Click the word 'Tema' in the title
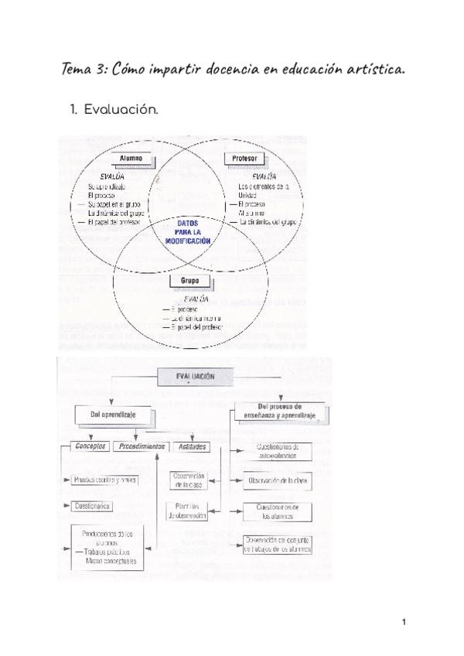pyautogui.click(x=77, y=70)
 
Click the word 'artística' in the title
pyautogui.click(x=374, y=70)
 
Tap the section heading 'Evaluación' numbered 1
pyautogui.click(x=121, y=110)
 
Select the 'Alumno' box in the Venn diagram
pyautogui.click(x=130, y=159)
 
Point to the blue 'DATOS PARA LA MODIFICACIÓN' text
pyautogui.click(x=189, y=231)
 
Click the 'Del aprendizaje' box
pyautogui.click(x=107, y=415)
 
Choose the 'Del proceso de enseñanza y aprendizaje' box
pyautogui.click(x=280, y=412)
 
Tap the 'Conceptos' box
pyautogui.click(x=90, y=447)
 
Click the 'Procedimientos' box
pyautogui.click(x=141, y=447)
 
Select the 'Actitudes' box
pyautogui.click(x=193, y=447)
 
